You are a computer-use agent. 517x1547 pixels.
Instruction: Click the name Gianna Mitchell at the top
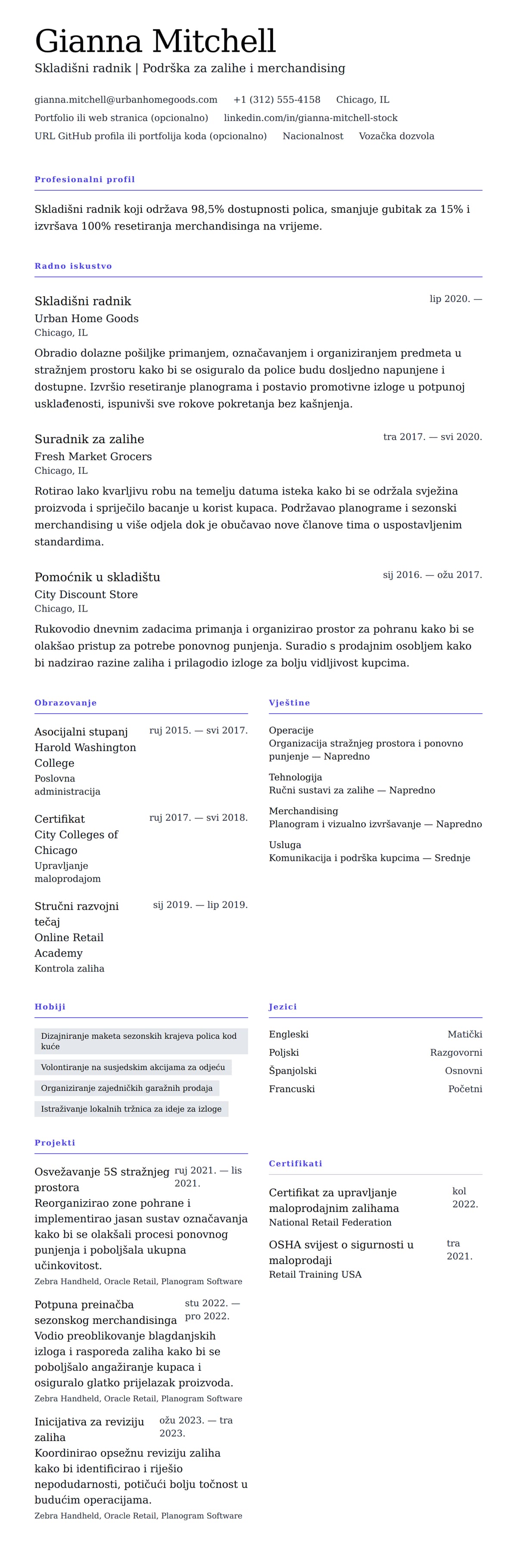pyautogui.click(x=155, y=41)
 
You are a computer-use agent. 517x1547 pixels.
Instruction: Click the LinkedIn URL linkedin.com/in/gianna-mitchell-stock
pyautogui.click(x=311, y=118)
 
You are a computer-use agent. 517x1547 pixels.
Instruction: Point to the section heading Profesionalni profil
pyautogui.click(x=85, y=180)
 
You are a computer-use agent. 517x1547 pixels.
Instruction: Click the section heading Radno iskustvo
pyautogui.click(x=73, y=266)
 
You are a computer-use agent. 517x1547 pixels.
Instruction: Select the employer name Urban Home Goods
pyautogui.click(x=87, y=318)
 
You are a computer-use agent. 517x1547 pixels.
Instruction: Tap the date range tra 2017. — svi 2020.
pyautogui.click(x=432, y=437)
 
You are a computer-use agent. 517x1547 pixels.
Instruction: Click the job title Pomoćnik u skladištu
pyautogui.click(x=97, y=577)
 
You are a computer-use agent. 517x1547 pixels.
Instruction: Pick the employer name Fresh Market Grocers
pyautogui.click(x=93, y=457)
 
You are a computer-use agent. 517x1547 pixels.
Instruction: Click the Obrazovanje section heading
pyautogui.click(x=65, y=702)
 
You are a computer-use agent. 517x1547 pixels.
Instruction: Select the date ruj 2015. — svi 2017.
pyautogui.click(x=198, y=730)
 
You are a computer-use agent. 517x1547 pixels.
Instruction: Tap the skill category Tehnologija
pyautogui.click(x=296, y=777)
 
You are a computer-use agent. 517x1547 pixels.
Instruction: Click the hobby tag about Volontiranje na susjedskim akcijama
pyautogui.click(x=133, y=1067)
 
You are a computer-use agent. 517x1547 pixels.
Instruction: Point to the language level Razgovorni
pyautogui.click(x=456, y=1052)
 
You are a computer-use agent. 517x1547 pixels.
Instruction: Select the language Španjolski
pyautogui.click(x=293, y=1071)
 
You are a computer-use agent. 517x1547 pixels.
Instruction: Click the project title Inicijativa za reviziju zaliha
pyautogui.click(x=89, y=1429)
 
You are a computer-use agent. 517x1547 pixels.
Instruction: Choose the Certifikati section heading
pyautogui.click(x=296, y=1163)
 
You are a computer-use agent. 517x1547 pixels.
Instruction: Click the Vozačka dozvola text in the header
pyautogui.click(x=396, y=136)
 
